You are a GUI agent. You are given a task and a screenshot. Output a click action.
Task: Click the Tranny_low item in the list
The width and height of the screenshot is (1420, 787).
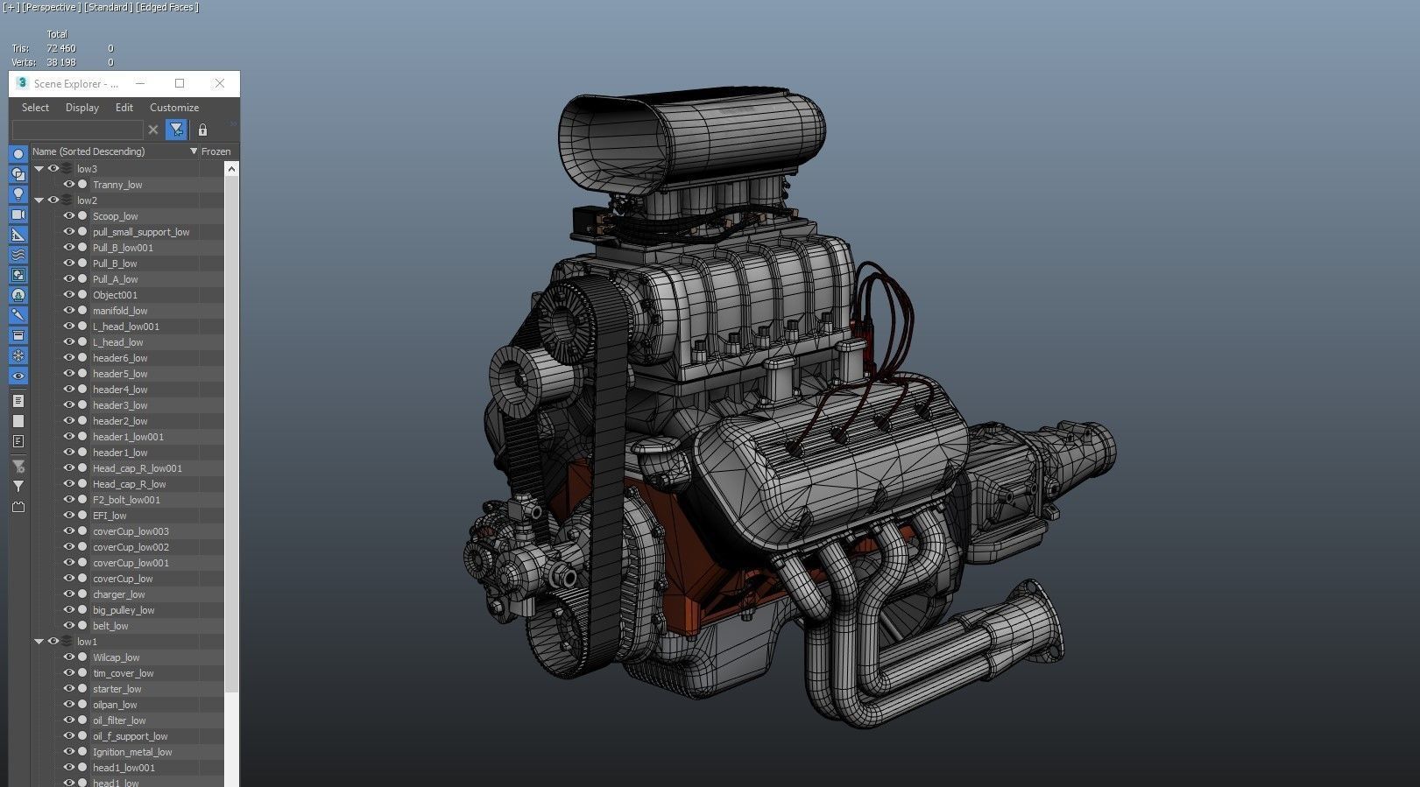coord(117,185)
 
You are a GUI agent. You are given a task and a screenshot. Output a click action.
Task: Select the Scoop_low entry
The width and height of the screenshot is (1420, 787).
coord(116,216)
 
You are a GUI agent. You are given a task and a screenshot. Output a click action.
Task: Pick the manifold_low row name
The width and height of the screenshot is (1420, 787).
coord(120,311)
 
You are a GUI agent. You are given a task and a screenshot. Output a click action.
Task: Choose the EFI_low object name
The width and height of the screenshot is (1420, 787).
coord(110,515)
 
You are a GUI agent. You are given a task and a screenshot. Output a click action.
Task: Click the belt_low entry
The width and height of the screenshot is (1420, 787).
coord(110,625)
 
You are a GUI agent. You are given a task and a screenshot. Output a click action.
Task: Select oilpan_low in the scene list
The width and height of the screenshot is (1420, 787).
coord(115,705)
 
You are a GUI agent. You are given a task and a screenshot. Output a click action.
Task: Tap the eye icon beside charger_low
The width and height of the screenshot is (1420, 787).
coord(68,594)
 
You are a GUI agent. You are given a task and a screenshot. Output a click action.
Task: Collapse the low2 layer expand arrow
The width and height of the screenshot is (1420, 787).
coord(39,200)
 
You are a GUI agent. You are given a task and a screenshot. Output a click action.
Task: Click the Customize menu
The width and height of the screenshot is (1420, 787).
coord(174,108)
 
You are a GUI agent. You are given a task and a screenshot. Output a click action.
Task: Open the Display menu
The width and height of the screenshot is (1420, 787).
coord(82,108)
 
